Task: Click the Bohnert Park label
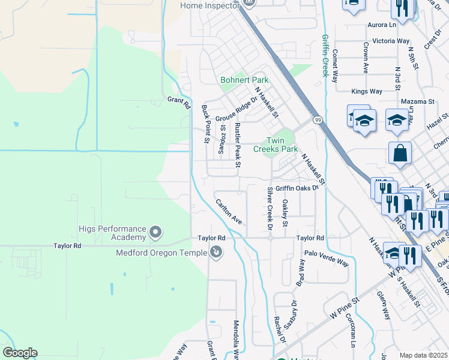(x=244, y=80)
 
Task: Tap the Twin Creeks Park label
(x=275, y=144)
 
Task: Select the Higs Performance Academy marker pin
(x=155, y=231)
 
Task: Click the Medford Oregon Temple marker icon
(x=215, y=253)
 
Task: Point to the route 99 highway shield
(x=318, y=121)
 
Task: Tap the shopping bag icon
(x=400, y=153)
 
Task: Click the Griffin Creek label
(x=325, y=55)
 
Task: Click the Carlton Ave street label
(x=229, y=212)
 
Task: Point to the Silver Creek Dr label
(x=270, y=208)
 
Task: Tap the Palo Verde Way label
(x=326, y=259)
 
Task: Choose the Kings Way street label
(x=367, y=91)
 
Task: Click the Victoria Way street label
(x=391, y=41)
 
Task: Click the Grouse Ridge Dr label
(x=235, y=109)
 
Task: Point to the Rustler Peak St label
(x=238, y=144)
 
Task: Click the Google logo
(x=20, y=353)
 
